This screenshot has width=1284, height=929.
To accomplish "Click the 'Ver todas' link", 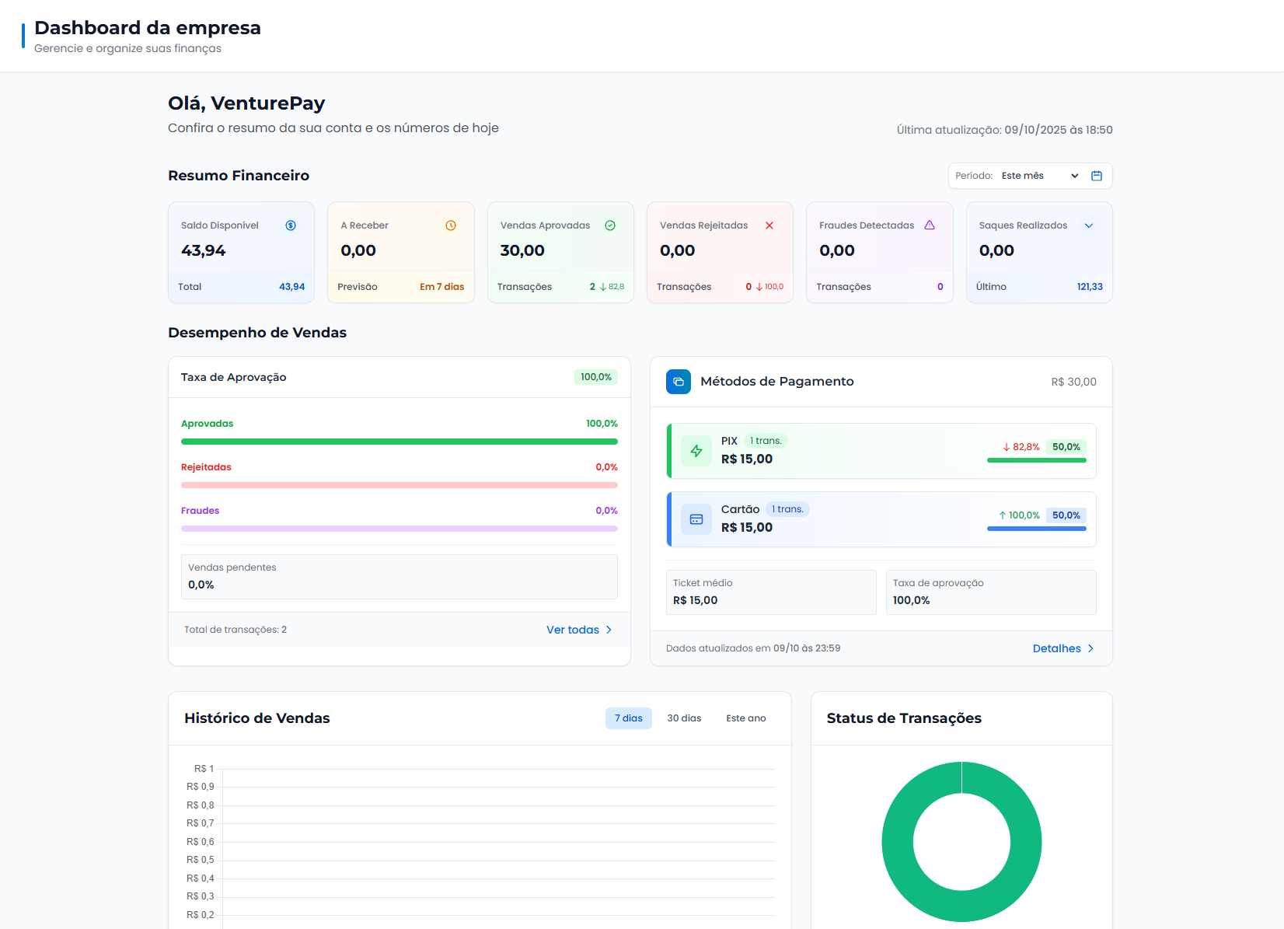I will (578, 630).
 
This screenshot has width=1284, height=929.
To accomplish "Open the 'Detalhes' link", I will (1062, 648).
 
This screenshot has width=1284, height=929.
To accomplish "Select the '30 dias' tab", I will (684, 718).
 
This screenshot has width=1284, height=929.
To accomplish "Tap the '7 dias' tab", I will (628, 718).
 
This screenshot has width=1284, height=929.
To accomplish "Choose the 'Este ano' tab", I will (745, 718).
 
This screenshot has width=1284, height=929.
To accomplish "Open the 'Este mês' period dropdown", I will (1039, 176).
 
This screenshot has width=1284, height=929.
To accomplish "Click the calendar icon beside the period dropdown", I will (1096, 176).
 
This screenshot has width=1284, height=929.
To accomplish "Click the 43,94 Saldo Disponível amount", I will (204, 250).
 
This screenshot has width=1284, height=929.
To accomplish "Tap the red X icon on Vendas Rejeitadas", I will (769, 225).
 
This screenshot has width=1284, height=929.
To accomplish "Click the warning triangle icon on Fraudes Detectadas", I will (930, 225).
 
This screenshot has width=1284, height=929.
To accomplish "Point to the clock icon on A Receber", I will (451, 225).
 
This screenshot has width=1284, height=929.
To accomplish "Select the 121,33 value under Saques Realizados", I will (1089, 287).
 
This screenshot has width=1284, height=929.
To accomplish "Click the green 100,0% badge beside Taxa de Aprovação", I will (596, 377).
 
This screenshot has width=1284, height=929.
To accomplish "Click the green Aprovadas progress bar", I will (399, 442).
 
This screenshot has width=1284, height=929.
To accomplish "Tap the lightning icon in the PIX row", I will (696, 451).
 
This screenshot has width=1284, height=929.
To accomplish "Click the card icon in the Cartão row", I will (696, 519).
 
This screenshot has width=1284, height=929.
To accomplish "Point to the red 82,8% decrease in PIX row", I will (1021, 447).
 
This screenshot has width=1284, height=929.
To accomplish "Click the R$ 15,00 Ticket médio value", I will (695, 600).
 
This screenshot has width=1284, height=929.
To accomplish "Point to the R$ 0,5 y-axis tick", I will (201, 860).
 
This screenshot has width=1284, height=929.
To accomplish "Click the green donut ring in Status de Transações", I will (898, 842).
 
